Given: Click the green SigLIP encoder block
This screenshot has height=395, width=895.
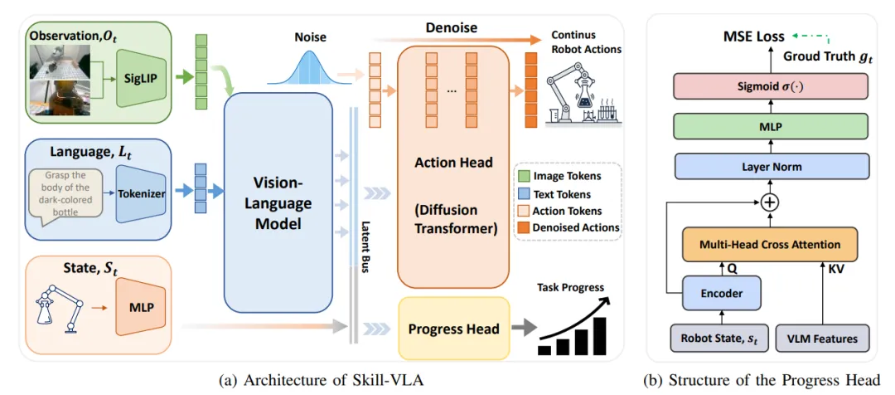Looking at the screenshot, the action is [138, 78].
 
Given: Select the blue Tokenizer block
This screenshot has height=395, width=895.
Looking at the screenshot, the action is [140, 194].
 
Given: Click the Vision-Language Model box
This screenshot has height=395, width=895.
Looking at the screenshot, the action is [278, 202].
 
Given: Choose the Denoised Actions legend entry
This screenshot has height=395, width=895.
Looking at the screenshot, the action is [569, 227].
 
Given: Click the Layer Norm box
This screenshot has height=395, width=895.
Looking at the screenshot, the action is [772, 167].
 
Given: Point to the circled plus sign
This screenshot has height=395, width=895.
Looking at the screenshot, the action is [772, 201].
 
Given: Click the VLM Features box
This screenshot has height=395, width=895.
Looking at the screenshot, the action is [823, 339].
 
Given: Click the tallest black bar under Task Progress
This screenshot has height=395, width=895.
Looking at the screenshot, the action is [599, 337].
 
